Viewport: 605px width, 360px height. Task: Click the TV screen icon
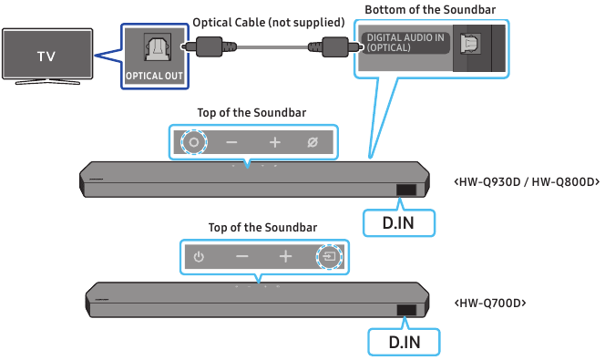(46, 55)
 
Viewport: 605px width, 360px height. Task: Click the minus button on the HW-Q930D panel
(232, 143)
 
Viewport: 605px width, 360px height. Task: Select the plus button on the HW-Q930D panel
(274, 143)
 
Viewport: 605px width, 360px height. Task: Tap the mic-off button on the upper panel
(313, 143)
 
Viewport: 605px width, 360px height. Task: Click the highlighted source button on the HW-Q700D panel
(329, 256)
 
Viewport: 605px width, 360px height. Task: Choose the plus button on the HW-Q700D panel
(285, 256)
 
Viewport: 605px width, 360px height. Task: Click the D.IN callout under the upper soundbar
(397, 221)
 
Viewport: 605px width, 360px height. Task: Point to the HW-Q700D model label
(488, 302)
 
